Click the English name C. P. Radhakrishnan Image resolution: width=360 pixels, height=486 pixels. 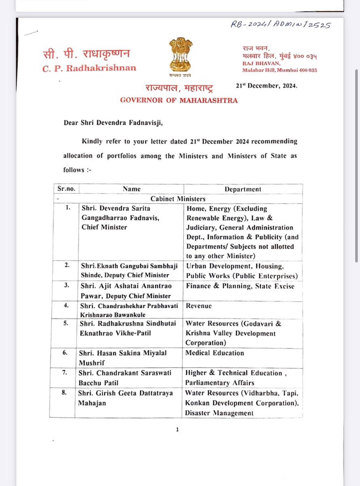tap(89, 68)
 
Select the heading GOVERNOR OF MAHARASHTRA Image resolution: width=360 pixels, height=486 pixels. tap(179, 100)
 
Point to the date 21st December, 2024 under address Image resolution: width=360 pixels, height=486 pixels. tap(266, 86)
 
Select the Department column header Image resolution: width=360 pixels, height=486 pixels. tap(243, 189)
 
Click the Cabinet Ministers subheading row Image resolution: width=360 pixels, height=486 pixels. tap(178, 198)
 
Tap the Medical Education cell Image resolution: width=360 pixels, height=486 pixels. tap(215, 353)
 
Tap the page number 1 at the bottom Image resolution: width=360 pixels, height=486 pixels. tap(177, 430)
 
